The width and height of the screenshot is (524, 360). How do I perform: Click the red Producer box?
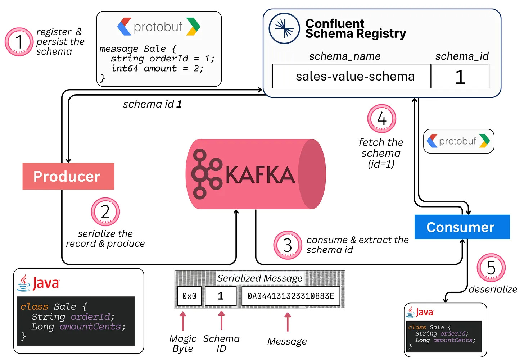[x=68, y=176]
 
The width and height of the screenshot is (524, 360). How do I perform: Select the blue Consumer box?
[x=462, y=227]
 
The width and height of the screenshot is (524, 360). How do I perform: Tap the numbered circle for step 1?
[x=19, y=42]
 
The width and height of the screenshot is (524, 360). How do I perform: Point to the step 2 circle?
[x=105, y=212]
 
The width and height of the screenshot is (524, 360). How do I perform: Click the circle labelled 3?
[x=288, y=245]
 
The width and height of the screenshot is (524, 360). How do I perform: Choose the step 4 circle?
[x=381, y=119]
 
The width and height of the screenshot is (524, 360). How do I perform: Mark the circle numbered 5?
[x=491, y=268]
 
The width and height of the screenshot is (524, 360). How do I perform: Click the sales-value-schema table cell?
[x=352, y=76]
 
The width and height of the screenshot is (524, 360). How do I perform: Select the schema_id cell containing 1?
[x=460, y=76]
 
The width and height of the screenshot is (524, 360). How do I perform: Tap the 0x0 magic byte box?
[x=189, y=296]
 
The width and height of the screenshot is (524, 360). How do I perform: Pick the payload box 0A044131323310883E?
[x=291, y=296]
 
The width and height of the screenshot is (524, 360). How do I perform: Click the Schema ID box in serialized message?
[x=221, y=296]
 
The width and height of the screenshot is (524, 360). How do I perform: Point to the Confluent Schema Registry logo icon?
[x=284, y=28]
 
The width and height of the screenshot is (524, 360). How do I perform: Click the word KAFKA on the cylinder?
[x=260, y=175]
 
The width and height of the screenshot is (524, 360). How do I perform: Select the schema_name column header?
[x=345, y=56]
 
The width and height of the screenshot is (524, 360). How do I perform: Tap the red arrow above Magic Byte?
[x=183, y=321]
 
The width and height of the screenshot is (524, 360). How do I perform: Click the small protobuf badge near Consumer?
[x=459, y=141]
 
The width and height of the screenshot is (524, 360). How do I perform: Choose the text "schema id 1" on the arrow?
[x=152, y=104]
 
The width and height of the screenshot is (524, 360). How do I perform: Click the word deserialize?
[x=493, y=289]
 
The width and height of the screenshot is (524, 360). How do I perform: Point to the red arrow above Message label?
[x=287, y=322]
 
